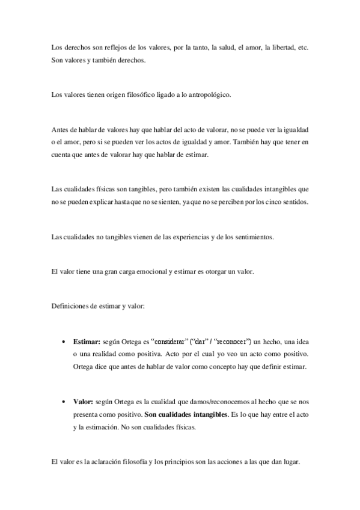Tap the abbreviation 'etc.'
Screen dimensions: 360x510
click(302, 47)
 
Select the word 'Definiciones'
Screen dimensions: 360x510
click(72, 306)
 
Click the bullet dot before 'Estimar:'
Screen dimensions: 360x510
click(63, 341)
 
